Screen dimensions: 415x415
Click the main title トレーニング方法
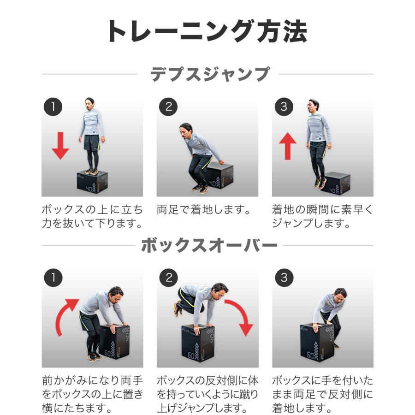coord(207,31)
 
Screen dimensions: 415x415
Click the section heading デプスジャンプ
coord(210,74)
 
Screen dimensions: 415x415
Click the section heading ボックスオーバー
coord(209,245)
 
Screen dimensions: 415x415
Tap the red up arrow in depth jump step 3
coord(288,145)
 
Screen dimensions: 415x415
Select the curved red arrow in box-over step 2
coord(239,317)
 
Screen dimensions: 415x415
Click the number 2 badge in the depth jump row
coord(168,107)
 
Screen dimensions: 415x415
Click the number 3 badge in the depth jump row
coord(284,107)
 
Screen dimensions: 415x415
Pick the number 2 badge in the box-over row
coord(168,278)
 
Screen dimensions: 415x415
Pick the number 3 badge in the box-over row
coord(284,278)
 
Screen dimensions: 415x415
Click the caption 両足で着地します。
coord(203,210)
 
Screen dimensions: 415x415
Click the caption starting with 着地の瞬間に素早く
coord(322,217)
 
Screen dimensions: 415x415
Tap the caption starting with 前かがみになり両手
coord(92,395)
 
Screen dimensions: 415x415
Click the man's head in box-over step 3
coord(340,294)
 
